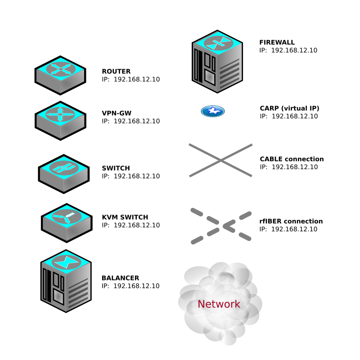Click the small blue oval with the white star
tap(213, 111)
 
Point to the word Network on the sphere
tap(219, 304)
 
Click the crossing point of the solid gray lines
tap(220, 160)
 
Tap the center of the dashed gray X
tap(221, 225)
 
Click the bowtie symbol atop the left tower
tap(66, 262)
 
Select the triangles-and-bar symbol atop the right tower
tap(218, 43)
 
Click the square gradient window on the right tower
tap(210, 77)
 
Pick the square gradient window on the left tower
tap(58, 297)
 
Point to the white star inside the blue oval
tap(213, 111)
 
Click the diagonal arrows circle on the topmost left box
tap(60, 69)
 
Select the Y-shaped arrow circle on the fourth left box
tap(67, 217)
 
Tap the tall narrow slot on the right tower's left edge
tap(196, 65)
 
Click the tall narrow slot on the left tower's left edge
tap(45, 284)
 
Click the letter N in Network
tap(201, 304)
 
